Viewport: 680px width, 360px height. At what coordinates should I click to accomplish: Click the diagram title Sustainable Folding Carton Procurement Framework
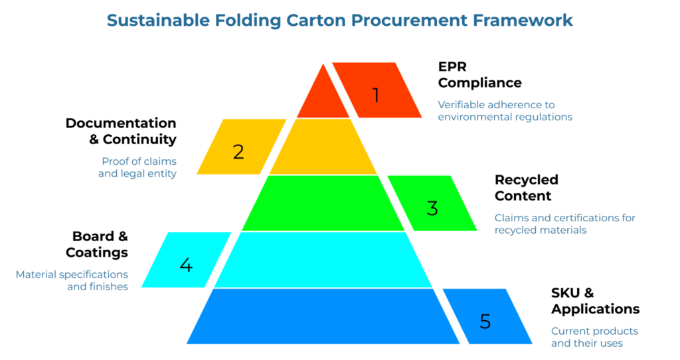tap(339, 21)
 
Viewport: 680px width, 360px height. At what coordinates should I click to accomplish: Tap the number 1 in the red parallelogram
tap(375, 95)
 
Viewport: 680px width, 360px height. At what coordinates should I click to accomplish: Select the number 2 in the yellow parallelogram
tap(238, 151)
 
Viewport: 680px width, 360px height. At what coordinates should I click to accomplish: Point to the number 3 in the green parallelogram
tap(432, 208)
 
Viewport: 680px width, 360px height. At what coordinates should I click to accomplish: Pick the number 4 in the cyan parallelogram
tap(186, 264)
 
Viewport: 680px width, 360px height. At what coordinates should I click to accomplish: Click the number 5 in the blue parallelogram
tap(485, 321)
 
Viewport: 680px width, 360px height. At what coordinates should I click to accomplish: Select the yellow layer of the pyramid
tap(323, 147)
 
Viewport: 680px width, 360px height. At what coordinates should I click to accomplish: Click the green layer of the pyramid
tap(323, 203)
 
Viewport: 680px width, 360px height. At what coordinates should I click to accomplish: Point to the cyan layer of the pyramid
tap(323, 260)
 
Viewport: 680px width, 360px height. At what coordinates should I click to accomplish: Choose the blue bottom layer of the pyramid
tap(323, 316)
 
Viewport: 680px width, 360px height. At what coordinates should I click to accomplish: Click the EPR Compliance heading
tap(479, 74)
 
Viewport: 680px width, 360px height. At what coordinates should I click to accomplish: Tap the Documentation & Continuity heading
tap(121, 131)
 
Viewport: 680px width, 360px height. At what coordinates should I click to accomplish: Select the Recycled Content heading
tap(527, 187)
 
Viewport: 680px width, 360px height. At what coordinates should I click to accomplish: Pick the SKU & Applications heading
tap(595, 301)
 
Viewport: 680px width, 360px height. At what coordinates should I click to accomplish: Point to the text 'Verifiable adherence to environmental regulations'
tap(505, 110)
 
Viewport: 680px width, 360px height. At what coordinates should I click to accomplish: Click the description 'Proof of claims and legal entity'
tap(139, 167)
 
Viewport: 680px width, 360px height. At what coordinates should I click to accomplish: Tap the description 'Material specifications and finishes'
tap(72, 280)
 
